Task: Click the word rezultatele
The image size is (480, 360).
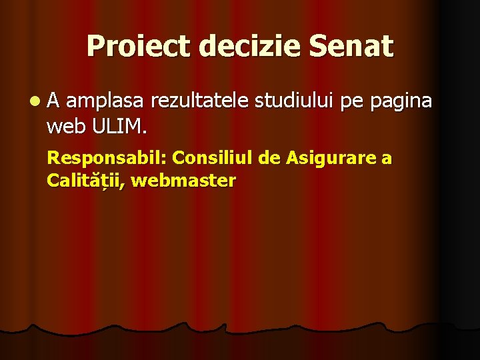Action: [199, 101]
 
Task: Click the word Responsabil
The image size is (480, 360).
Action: [106, 159]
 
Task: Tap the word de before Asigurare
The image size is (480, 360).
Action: [271, 158]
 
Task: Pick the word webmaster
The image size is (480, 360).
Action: [185, 181]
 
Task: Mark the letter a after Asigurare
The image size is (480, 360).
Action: [387, 159]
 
